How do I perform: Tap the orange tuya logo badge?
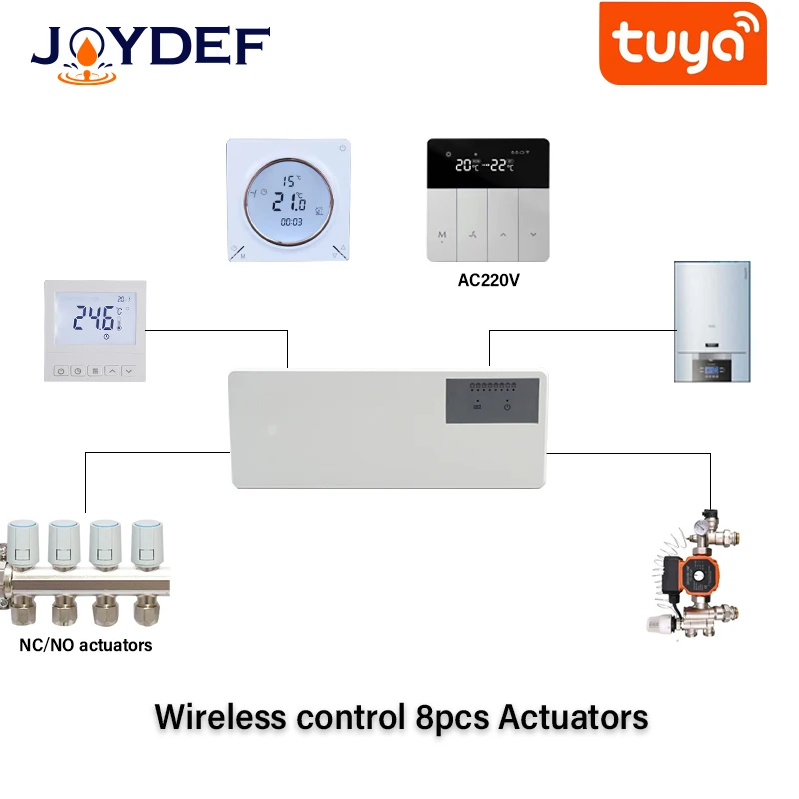683,43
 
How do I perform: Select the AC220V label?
489,281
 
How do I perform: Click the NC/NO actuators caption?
86,645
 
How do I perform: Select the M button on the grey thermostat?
442,236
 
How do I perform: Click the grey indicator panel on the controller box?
493,399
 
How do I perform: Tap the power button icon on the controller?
507,406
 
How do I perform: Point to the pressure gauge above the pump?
713,519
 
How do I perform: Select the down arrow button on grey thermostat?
533,236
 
